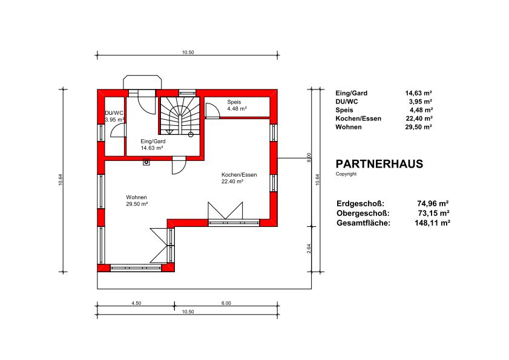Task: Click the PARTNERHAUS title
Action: pos(379,164)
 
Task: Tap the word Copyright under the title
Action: pos(346,174)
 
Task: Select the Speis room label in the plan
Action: pos(234,102)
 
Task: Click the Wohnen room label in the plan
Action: pos(136,197)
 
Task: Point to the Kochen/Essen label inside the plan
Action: pos(239,175)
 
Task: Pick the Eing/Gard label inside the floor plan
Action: pos(153,141)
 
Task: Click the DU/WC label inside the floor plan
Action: pos(114,113)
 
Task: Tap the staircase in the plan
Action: pos(179,116)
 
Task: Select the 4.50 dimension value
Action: pos(136,303)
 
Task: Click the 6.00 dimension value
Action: pos(226,303)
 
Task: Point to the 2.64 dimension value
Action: pos(309,249)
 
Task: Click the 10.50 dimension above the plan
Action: pos(188,52)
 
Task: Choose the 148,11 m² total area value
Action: pos(432,223)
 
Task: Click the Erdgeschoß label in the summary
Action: pos(360,204)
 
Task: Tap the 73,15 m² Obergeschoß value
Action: pos(434,213)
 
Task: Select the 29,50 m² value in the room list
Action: pos(418,127)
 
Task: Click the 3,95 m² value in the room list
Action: pos(421,102)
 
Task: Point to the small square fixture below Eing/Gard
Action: pos(146,162)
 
